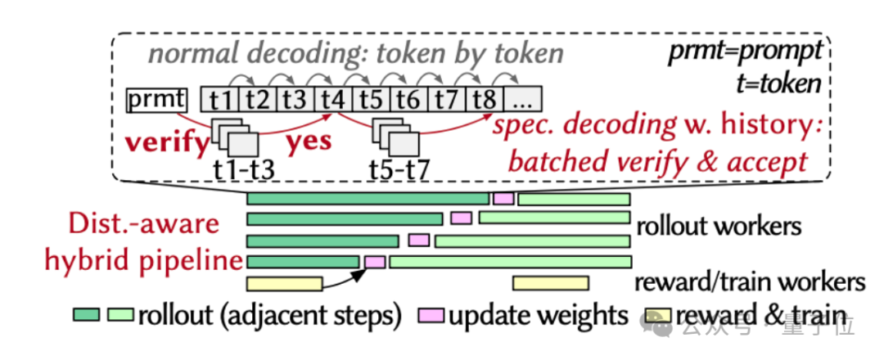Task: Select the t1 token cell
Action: [x=220, y=99]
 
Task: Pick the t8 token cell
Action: [x=485, y=99]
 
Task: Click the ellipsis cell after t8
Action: [x=522, y=99]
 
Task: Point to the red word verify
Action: [x=166, y=143]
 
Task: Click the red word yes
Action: [x=309, y=142]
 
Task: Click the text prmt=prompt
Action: [x=743, y=53]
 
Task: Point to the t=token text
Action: [x=778, y=83]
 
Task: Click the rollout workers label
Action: [x=719, y=226]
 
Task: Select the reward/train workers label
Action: [x=750, y=281]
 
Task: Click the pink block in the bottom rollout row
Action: [x=375, y=262]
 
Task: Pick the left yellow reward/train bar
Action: [x=285, y=283]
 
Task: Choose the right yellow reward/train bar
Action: [x=551, y=283]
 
